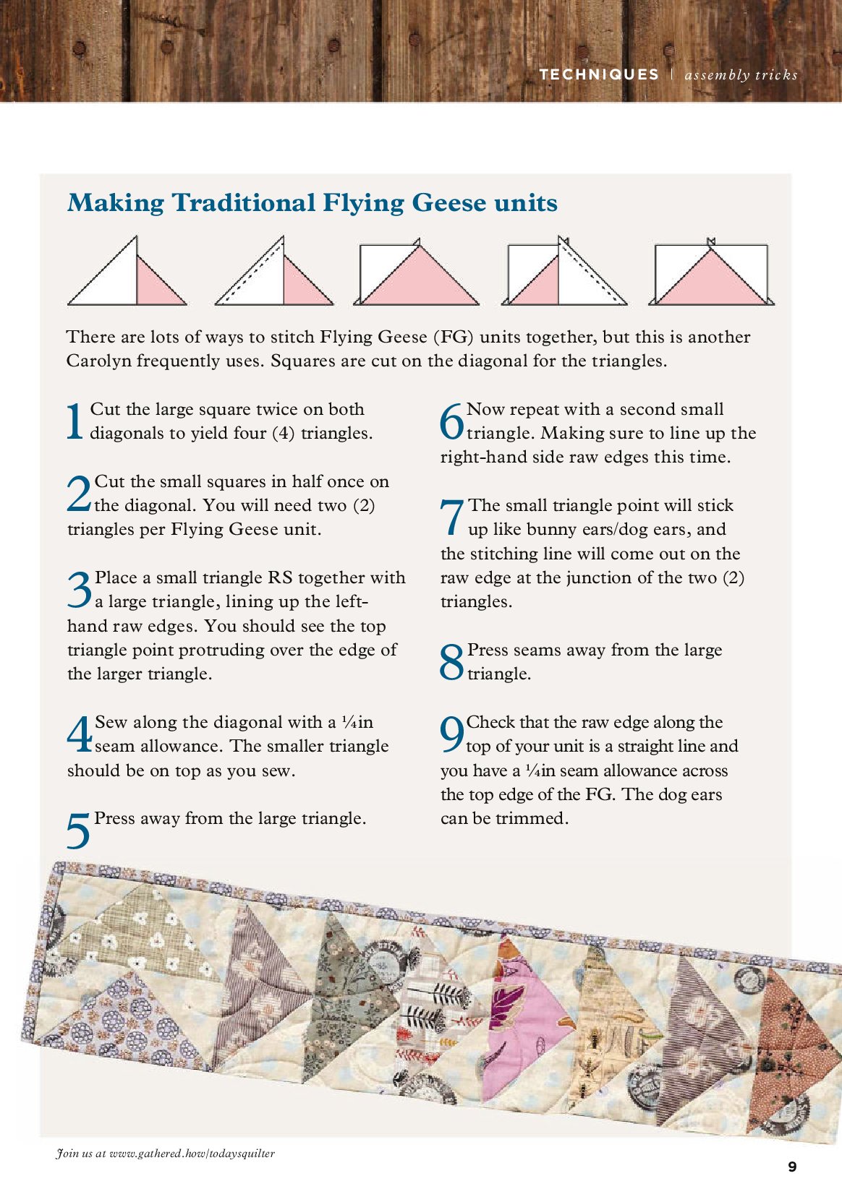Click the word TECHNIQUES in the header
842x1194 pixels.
pos(599,74)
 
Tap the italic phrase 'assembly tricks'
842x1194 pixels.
pos(741,74)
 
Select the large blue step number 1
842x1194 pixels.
pos(75,421)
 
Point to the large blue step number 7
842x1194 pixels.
pos(452,517)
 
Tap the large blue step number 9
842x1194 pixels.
pos(451,734)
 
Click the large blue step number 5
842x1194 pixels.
pos(78,830)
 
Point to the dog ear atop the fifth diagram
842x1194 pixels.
pos(711,241)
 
